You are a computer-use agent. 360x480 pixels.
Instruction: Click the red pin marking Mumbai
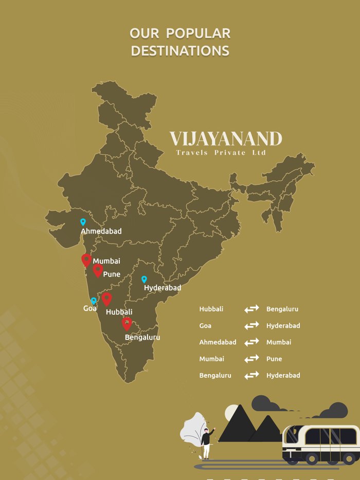[x=86, y=260]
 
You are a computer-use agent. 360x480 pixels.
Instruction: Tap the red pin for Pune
[x=98, y=270]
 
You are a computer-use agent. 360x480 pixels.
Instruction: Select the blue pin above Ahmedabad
[x=83, y=222]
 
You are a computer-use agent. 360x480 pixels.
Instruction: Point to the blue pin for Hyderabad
[x=144, y=280]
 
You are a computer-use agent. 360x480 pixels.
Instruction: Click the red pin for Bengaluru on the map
[x=127, y=323]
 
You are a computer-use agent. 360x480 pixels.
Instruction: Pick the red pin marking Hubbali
[x=106, y=298]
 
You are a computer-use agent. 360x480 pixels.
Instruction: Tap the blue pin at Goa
[x=93, y=301]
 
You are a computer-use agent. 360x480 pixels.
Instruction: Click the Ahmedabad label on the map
[x=101, y=231]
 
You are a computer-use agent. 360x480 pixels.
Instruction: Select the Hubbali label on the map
[x=119, y=312]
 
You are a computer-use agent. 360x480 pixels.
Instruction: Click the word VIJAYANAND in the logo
[x=226, y=139]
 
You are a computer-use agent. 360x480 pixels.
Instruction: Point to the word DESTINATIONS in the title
[x=180, y=51]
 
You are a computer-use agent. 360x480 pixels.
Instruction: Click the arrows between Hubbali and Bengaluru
[x=251, y=309]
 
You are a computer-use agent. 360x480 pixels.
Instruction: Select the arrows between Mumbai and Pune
[x=251, y=359]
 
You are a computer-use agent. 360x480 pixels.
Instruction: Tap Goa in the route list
[x=205, y=326]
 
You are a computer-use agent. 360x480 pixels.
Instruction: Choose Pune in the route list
[x=274, y=359]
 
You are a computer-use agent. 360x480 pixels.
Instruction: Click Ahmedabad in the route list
[x=218, y=342]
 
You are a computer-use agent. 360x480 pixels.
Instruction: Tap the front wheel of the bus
[x=312, y=458]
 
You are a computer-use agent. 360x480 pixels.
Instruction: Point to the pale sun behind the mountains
[x=232, y=412]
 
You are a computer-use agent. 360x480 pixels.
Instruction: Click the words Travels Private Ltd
[x=221, y=153]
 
